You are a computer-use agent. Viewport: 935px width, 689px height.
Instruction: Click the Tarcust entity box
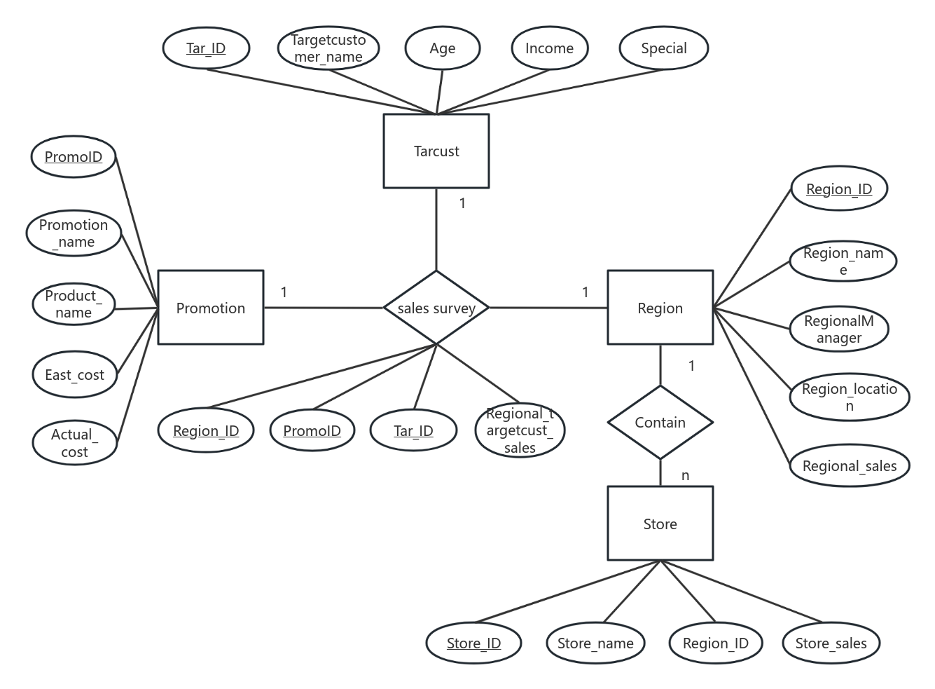click(436, 151)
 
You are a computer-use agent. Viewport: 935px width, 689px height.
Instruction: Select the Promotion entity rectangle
click(210, 308)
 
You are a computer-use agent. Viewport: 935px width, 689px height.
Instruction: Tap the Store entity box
click(660, 524)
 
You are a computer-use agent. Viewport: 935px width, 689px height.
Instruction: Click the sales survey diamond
click(436, 308)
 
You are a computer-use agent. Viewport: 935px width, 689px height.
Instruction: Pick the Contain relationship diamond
click(660, 422)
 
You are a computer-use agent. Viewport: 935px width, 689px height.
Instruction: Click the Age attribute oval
click(442, 48)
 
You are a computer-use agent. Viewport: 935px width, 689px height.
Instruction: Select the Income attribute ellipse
click(549, 48)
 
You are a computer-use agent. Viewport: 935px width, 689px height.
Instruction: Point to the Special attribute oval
click(663, 48)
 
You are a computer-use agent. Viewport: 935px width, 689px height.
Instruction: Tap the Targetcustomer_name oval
click(328, 48)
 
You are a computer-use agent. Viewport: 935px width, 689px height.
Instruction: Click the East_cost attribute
click(74, 375)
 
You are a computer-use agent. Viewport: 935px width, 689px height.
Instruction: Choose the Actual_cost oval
click(74, 443)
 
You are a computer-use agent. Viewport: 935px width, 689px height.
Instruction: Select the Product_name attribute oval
click(74, 304)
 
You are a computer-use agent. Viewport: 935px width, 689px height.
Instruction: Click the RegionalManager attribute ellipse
click(838, 329)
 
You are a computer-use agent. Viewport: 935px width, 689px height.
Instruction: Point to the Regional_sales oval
click(849, 466)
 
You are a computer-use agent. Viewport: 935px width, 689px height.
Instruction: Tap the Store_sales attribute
click(831, 643)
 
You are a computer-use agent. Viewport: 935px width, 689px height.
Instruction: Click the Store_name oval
click(595, 643)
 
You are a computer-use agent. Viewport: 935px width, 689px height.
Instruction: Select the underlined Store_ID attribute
click(473, 643)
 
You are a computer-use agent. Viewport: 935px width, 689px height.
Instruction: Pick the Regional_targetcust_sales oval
click(520, 430)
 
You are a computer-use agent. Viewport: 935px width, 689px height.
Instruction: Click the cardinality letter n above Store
click(685, 476)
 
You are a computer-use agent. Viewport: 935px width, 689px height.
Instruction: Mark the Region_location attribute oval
click(849, 397)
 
